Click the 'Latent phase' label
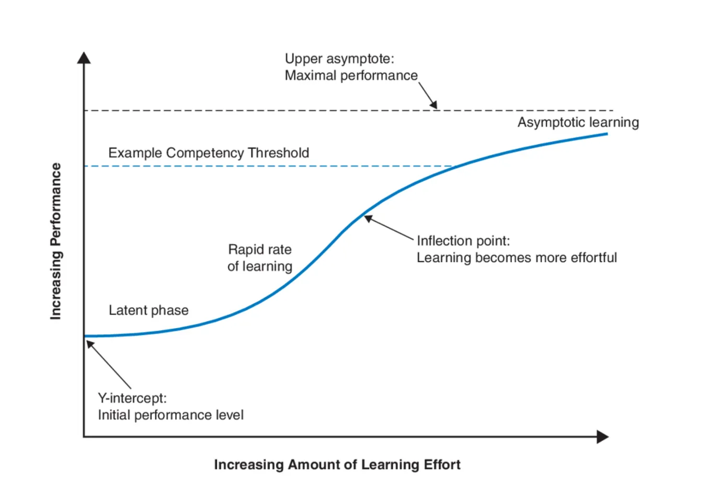click(x=148, y=310)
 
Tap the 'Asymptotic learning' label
click(x=578, y=122)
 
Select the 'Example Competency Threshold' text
click(x=208, y=153)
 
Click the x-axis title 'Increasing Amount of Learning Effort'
click(x=337, y=464)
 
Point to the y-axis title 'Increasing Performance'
click(x=55, y=241)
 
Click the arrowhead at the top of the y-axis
click(x=84, y=57)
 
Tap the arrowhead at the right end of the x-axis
click(x=603, y=437)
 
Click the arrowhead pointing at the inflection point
click(x=368, y=218)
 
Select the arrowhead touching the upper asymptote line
click(x=433, y=105)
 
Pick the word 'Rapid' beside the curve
click(x=245, y=250)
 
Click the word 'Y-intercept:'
click(x=132, y=398)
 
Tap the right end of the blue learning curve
click(x=606, y=134)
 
